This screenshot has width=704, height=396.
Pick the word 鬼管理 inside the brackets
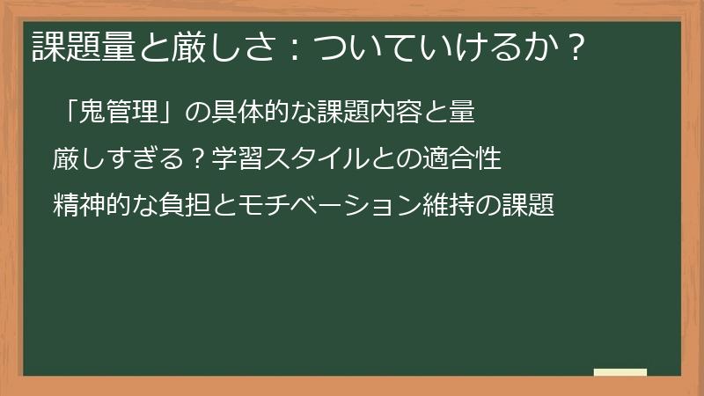[119, 113]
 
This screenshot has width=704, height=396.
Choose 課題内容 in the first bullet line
[364, 113]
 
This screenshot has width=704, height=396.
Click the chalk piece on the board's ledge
[620, 372]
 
